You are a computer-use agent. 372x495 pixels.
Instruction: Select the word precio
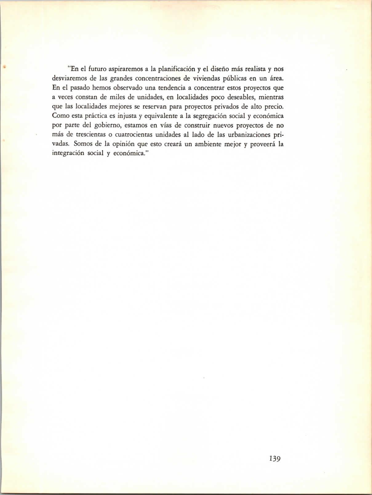(274, 107)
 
